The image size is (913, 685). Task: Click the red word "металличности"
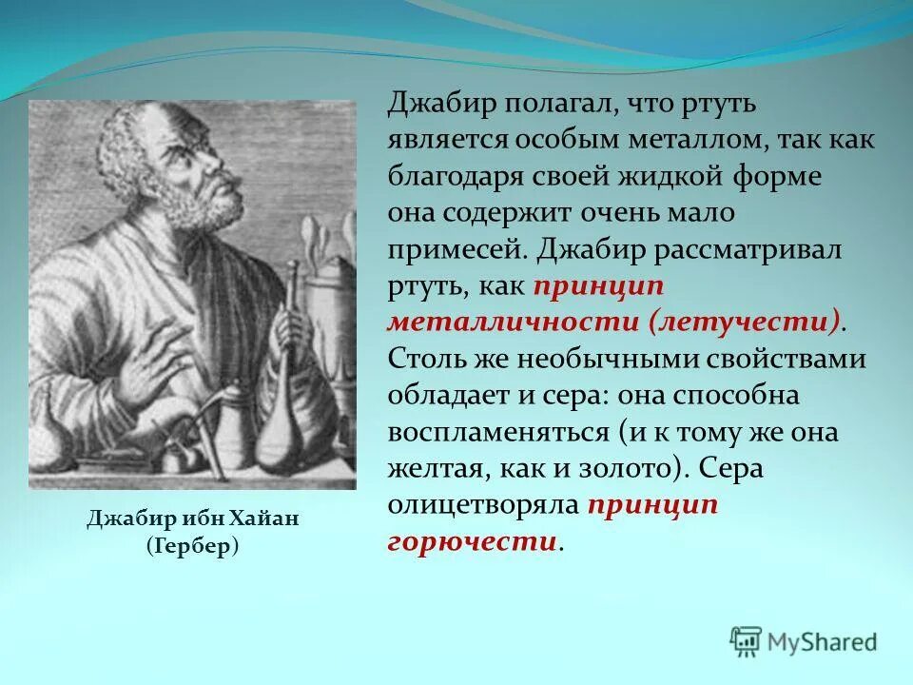pyautogui.click(x=513, y=321)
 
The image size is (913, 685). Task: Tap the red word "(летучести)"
pyautogui.click(x=745, y=321)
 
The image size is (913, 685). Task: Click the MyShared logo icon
pyautogui.click(x=747, y=641)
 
